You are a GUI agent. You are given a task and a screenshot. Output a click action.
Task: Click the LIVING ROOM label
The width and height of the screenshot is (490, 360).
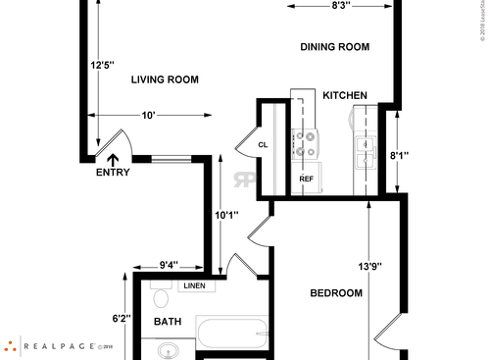click(x=165, y=80)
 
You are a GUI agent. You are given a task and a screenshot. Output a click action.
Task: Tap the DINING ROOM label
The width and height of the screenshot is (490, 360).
click(x=334, y=46)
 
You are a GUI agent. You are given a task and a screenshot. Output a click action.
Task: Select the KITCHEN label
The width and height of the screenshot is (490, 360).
click(x=345, y=95)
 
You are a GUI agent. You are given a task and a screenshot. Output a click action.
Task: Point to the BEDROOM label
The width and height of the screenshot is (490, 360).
click(x=337, y=293)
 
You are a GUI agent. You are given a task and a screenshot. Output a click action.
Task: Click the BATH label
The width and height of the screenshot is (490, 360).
click(x=168, y=321)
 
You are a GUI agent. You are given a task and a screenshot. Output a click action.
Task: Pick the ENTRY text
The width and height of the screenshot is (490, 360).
click(x=113, y=173)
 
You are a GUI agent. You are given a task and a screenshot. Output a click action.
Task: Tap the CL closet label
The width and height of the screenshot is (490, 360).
click(x=263, y=145)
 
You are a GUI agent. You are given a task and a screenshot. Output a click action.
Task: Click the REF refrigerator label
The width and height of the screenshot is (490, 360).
click(x=306, y=180)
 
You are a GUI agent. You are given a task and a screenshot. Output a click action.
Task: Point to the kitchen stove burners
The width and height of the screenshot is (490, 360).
click(x=305, y=144)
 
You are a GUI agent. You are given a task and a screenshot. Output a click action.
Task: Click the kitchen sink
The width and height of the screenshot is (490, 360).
click(x=365, y=151)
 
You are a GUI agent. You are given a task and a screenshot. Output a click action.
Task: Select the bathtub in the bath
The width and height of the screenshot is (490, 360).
click(x=232, y=334)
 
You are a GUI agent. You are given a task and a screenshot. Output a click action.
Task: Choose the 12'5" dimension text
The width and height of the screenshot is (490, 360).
click(x=103, y=65)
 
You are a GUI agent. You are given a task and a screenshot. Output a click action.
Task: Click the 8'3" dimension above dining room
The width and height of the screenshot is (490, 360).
click(x=341, y=6)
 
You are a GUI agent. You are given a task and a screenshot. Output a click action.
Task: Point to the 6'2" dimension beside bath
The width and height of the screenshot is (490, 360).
click(x=122, y=318)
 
